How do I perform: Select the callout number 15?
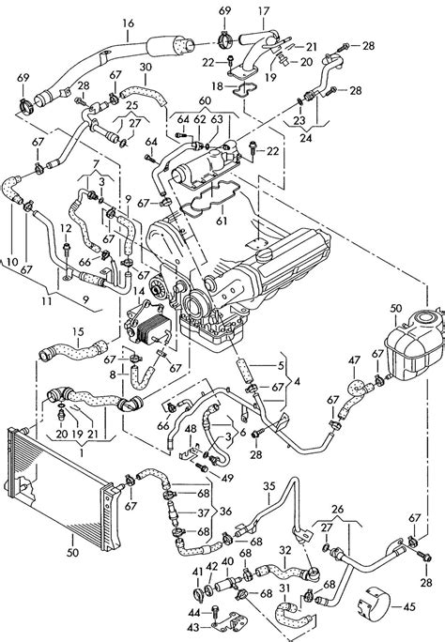point(79,331)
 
